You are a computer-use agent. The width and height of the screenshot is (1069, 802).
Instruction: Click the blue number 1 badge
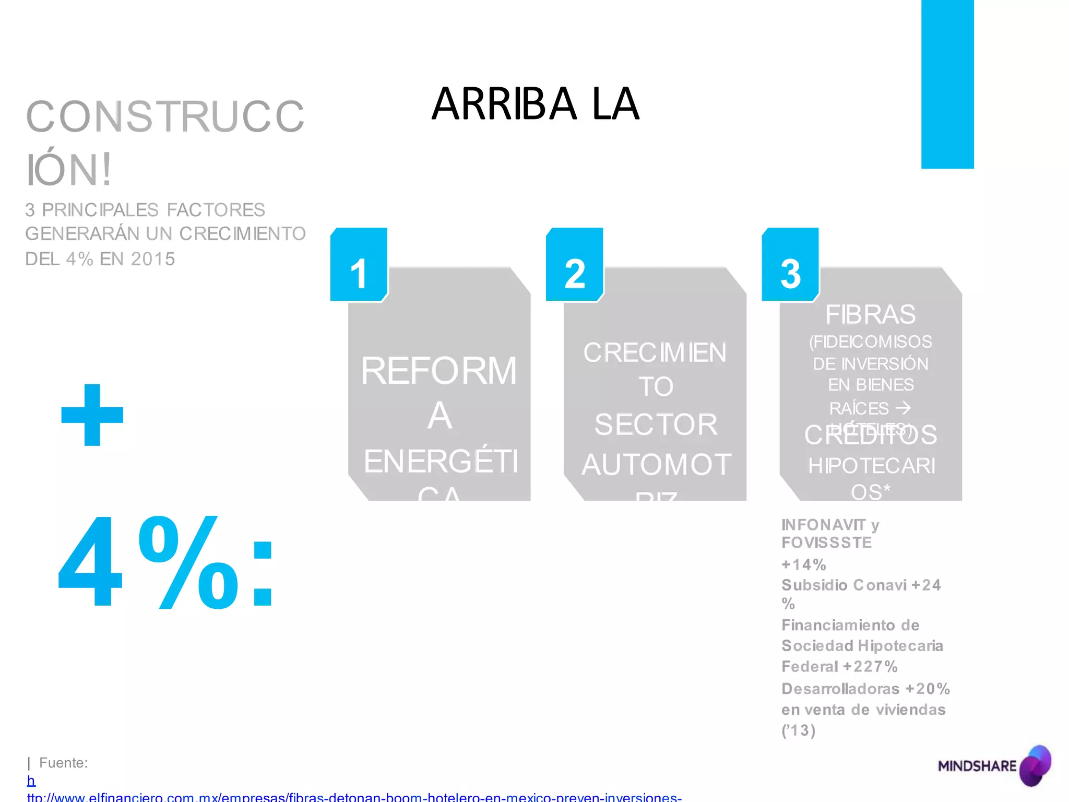[359, 265]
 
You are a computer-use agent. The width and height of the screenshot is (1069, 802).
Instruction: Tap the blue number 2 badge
[574, 265]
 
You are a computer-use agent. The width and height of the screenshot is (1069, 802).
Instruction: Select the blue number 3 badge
[790, 265]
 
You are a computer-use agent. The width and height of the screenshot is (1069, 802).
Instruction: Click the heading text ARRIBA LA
[535, 104]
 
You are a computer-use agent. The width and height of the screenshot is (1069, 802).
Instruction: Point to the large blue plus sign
[92, 415]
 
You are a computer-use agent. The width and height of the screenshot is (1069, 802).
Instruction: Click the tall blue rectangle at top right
[947, 84]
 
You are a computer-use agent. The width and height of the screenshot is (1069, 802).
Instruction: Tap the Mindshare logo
[994, 765]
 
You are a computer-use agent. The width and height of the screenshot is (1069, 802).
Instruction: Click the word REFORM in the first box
[438, 371]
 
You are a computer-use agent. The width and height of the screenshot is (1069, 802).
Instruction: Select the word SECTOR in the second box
[656, 424]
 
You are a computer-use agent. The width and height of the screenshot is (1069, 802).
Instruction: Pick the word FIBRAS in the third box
[870, 314]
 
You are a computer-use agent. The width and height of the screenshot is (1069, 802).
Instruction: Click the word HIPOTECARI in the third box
[871, 466]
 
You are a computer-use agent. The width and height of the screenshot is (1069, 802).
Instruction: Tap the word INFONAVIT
[823, 525]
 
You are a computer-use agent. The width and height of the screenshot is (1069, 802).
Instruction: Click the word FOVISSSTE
[826, 543]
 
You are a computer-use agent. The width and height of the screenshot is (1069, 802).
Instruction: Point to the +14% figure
[803, 564]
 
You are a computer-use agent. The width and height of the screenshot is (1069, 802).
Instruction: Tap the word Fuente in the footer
[63, 763]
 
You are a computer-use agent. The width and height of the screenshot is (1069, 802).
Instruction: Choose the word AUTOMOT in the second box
[656, 465]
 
